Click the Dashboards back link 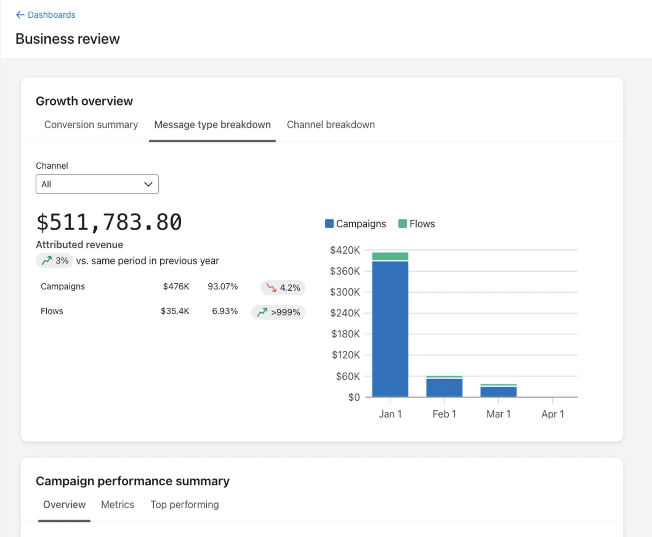46,15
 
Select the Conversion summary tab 91,125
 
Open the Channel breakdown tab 331,125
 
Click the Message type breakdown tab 212,125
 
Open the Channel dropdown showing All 97,184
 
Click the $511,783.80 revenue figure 109,222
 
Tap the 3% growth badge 55,260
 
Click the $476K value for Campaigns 176,286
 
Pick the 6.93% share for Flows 224,311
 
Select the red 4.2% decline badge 283,288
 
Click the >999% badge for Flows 278,312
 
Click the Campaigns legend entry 356,224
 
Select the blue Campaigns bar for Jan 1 390,329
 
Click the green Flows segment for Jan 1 390,256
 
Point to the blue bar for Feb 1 444,388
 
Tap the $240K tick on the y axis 345,313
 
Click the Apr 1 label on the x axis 552,414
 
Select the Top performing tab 185,504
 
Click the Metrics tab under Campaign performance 117,504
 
